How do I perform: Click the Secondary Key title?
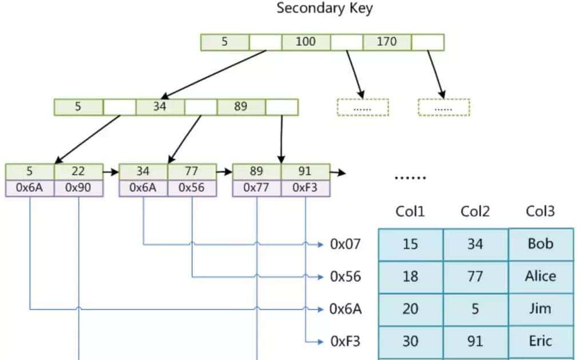click(x=324, y=9)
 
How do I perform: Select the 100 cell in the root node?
click(x=306, y=42)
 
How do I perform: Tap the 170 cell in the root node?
click(x=387, y=42)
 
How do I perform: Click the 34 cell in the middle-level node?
click(x=160, y=106)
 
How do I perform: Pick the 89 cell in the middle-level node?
click(x=241, y=106)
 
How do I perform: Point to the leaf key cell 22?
click(x=78, y=171)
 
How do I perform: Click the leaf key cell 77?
click(x=192, y=171)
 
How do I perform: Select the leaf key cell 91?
click(x=305, y=171)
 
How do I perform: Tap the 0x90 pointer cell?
click(x=78, y=188)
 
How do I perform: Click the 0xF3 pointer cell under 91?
click(x=305, y=188)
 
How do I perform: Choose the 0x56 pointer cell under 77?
click(x=192, y=188)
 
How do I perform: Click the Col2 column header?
click(x=475, y=212)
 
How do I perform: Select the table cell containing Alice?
click(x=540, y=276)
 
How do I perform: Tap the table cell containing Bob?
click(x=540, y=244)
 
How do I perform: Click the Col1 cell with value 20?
click(x=410, y=309)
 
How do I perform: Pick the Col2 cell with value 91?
click(x=475, y=342)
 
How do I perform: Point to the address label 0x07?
click(x=346, y=244)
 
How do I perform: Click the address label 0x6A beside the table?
click(x=346, y=309)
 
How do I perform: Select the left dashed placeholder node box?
click(x=363, y=107)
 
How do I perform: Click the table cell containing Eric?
click(x=540, y=342)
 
